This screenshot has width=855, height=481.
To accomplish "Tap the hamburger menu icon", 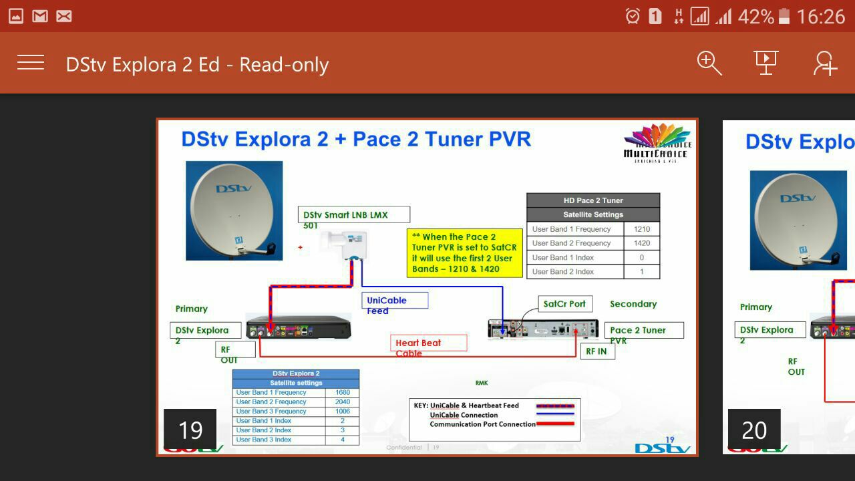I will pos(31,63).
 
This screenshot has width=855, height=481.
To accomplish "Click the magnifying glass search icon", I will pos(709,63).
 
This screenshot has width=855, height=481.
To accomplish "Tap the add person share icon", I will pos(825,63).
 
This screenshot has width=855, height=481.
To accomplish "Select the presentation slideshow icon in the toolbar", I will pos(766,63).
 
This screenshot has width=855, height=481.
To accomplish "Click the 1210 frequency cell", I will pos(641,229).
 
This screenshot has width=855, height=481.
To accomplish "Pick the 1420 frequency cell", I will pos(641,243).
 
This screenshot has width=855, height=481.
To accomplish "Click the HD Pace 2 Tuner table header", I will pos(593,200).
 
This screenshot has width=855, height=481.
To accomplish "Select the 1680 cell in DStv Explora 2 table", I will pos(343,393).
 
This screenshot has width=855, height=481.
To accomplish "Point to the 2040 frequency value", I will pos(343,402).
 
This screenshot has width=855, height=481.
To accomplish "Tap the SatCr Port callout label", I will pos(564,304).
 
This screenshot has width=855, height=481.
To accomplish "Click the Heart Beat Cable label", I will pos(428,343).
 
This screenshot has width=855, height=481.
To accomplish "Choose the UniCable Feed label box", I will pos(395,301).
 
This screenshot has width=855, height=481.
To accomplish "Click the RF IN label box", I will pos(597,351).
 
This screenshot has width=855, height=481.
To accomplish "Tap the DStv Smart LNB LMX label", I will pos(353,215).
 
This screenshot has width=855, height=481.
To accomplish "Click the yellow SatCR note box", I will pos(464,253).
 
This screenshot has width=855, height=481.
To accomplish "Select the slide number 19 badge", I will pos(190,430).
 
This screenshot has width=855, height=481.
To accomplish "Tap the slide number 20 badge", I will pos(754,430).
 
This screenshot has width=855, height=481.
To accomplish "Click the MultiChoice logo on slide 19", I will pos(656,143).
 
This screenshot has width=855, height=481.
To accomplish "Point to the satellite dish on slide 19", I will pos(234,210).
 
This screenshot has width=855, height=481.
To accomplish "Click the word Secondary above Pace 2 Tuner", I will pos(633,304).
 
